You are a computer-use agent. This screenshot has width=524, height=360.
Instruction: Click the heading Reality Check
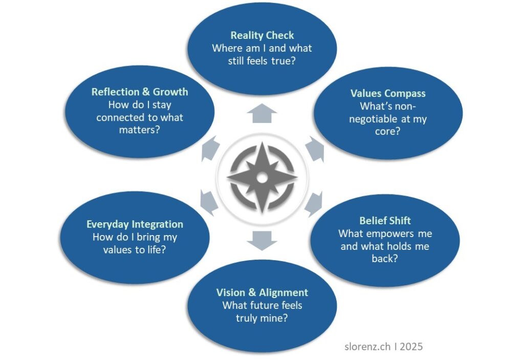pyautogui.click(x=262, y=35)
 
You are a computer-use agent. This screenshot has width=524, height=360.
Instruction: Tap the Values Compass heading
pyautogui.click(x=387, y=93)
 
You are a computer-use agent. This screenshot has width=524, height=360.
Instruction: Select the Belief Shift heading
pyautogui.click(x=385, y=221)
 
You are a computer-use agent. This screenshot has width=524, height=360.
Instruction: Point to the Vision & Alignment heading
pyautogui.click(x=262, y=292)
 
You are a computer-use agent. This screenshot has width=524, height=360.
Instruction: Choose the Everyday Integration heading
pyautogui.click(x=135, y=224)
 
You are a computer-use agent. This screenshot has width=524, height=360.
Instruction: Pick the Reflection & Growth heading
pyautogui.click(x=140, y=92)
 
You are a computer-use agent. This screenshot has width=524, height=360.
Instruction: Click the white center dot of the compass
pyautogui.click(x=262, y=178)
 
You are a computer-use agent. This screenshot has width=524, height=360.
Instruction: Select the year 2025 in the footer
pyautogui.click(x=411, y=346)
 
